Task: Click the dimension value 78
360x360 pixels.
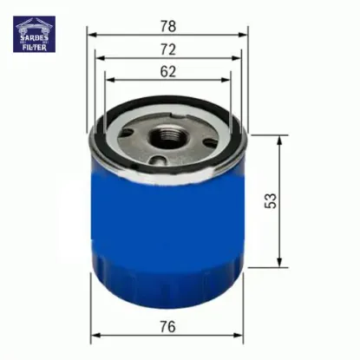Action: coord(168,26)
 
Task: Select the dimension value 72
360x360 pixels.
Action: coord(168,49)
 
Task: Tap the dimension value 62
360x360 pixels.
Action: coord(168,71)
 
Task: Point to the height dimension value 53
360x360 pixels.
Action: coord(271,200)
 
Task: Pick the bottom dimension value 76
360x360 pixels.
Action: coord(167,326)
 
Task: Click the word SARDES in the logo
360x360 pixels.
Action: coord(34,37)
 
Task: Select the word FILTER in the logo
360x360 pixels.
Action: coord(34,47)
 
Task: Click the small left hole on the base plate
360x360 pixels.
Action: coord(127,133)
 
